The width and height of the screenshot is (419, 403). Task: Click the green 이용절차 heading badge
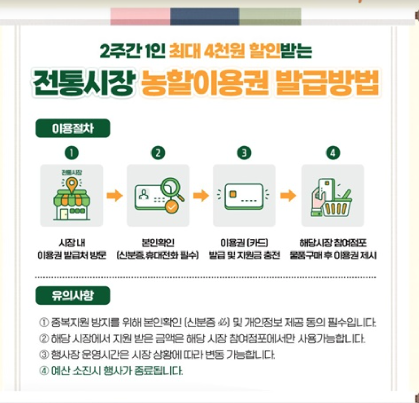[x=73, y=128]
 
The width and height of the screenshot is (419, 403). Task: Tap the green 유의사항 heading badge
[x=73, y=295]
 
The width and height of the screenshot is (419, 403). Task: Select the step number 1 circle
[x=72, y=153]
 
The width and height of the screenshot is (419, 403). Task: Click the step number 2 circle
[x=158, y=153]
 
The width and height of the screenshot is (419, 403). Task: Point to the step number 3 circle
[x=244, y=153]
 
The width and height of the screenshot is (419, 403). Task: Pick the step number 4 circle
[x=333, y=153]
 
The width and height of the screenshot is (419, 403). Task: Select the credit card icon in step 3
[x=244, y=196]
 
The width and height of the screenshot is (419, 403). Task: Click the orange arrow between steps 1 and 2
[x=115, y=196]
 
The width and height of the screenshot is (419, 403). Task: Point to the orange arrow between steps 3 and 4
[x=288, y=196]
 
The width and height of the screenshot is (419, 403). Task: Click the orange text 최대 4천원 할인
[x=224, y=51]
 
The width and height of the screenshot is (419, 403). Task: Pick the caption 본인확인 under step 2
[x=158, y=243]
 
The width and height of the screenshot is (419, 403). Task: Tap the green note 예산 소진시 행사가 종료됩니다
[x=116, y=371]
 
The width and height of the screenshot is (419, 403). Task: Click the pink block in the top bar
[x=140, y=16]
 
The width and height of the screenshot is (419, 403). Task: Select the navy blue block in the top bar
[x=205, y=16]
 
